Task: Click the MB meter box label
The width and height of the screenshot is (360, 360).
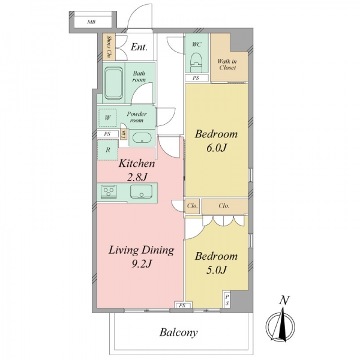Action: coord(91,22)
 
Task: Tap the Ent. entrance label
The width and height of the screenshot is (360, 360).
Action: coord(139,47)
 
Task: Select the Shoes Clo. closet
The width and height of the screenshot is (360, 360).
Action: coord(109,47)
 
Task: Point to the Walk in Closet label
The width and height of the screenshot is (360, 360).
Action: coord(227,65)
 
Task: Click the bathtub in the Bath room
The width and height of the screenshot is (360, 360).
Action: coord(113,83)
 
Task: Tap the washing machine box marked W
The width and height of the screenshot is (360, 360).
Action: coord(107,118)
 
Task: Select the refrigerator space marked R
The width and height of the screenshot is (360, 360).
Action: coord(107,150)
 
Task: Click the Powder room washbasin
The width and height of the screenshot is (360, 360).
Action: coord(142,138)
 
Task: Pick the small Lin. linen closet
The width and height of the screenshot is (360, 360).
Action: coord(124,134)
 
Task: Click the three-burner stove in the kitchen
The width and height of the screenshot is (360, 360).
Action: coord(109,191)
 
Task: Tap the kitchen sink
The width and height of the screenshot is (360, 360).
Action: coord(141,191)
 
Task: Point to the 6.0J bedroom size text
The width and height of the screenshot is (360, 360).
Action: coord(216,148)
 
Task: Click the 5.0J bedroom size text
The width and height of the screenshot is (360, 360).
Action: coord(216,270)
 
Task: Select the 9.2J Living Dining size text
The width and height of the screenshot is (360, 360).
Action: coord(141,263)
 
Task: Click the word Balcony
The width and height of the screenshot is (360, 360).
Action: coord(179,332)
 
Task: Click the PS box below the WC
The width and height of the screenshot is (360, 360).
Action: coord(197,78)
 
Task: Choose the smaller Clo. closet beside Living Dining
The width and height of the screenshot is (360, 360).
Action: coord(192,206)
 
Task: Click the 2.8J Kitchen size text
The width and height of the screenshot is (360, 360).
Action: coord(137,177)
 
